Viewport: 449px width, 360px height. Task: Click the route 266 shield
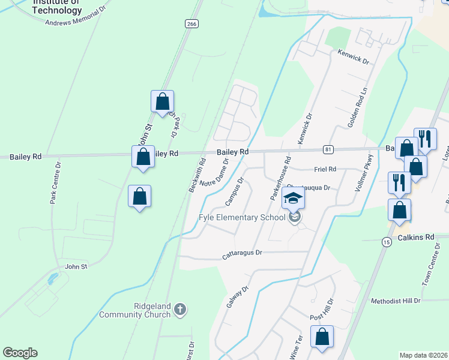coord(191,23)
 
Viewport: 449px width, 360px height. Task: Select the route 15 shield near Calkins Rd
coord(387,241)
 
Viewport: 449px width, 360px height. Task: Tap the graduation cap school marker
coord(293,199)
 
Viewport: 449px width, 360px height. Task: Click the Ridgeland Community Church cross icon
coord(179,310)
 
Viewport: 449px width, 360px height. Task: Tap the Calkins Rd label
coord(417,238)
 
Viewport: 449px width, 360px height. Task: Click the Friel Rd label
coord(324,169)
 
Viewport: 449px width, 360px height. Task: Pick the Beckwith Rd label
coord(197,175)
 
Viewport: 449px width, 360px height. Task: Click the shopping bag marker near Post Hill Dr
coord(322,338)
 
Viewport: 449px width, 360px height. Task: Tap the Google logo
coord(20,353)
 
